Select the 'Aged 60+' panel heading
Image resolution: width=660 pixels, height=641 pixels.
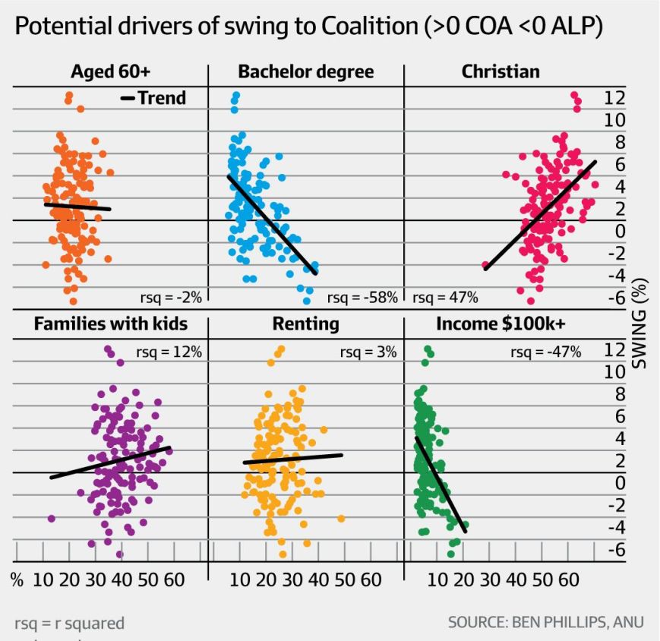tap(111, 72)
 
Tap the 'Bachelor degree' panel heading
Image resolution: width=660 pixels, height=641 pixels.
tap(306, 72)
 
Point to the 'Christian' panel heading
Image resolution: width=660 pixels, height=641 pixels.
tap(501, 72)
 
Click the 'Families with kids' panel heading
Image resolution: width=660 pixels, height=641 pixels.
tap(110, 324)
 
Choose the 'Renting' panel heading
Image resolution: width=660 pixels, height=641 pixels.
tap(306, 324)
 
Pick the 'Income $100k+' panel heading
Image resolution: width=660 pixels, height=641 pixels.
tap(501, 324)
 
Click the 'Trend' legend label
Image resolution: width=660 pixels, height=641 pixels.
tap(161, 98)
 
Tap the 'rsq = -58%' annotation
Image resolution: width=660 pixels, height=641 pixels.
tap(362, 298)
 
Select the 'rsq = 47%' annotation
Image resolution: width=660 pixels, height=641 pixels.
tap(445, 298)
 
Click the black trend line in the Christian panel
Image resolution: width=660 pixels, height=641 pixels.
tap(540, 216)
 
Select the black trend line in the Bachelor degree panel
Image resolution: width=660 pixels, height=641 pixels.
tap(271, 224)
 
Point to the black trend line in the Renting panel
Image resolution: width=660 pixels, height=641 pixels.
tap(292, 459)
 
